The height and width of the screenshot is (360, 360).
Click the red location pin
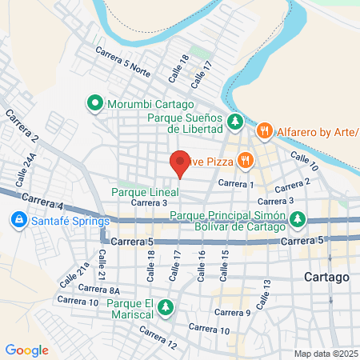180,163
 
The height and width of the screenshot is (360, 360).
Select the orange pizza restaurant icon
245,161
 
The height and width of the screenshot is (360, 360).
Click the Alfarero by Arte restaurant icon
263,130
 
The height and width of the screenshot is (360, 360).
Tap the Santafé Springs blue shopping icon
18,218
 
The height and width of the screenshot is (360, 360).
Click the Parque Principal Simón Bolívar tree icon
298,218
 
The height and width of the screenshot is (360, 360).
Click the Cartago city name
326,277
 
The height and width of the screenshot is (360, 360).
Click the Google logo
26,350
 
